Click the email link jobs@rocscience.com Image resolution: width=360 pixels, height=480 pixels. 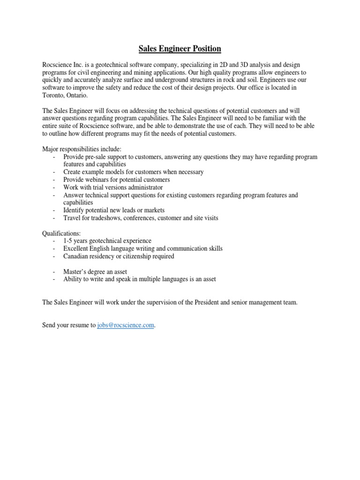pos(126,325)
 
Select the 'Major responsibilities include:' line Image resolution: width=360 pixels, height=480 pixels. pos(82,149)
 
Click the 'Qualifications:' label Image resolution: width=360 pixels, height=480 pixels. pos(61,233)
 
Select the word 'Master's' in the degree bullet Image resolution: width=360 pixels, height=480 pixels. pos(75,271)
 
